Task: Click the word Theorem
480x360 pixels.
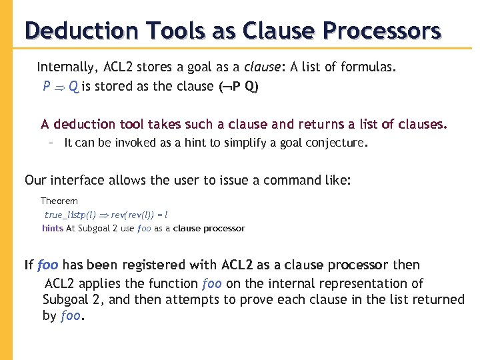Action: [59, 201]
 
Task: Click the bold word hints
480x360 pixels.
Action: [52, 229]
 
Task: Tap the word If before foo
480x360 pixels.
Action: [29, 265]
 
